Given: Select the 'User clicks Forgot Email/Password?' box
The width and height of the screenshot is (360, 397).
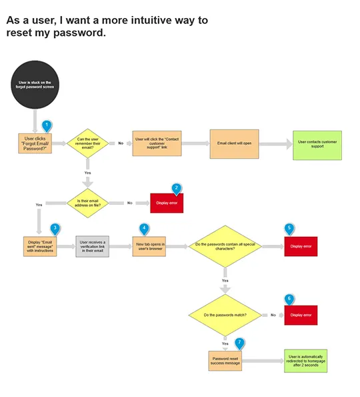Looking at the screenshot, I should (35, 143).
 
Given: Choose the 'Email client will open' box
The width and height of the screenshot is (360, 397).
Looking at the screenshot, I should (234, 143).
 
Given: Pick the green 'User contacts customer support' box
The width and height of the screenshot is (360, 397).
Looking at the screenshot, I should (317, 144).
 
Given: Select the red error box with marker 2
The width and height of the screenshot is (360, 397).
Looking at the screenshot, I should (167, 203).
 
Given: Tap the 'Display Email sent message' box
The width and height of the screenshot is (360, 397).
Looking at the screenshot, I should (39, 246).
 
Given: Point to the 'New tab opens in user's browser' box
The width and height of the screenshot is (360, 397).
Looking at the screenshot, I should (149, 246).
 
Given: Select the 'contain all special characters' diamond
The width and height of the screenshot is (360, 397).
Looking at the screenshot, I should (225, 246).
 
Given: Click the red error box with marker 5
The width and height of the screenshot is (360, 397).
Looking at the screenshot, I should (300, 246).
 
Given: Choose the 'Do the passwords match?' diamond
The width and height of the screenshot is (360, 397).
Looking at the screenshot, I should (225, 314).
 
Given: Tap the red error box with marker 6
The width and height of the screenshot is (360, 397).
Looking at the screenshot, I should (300, 315).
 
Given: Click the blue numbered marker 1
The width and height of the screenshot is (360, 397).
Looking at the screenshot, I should (46, 125).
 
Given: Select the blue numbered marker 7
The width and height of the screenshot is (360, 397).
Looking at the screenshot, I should (239, 343).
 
